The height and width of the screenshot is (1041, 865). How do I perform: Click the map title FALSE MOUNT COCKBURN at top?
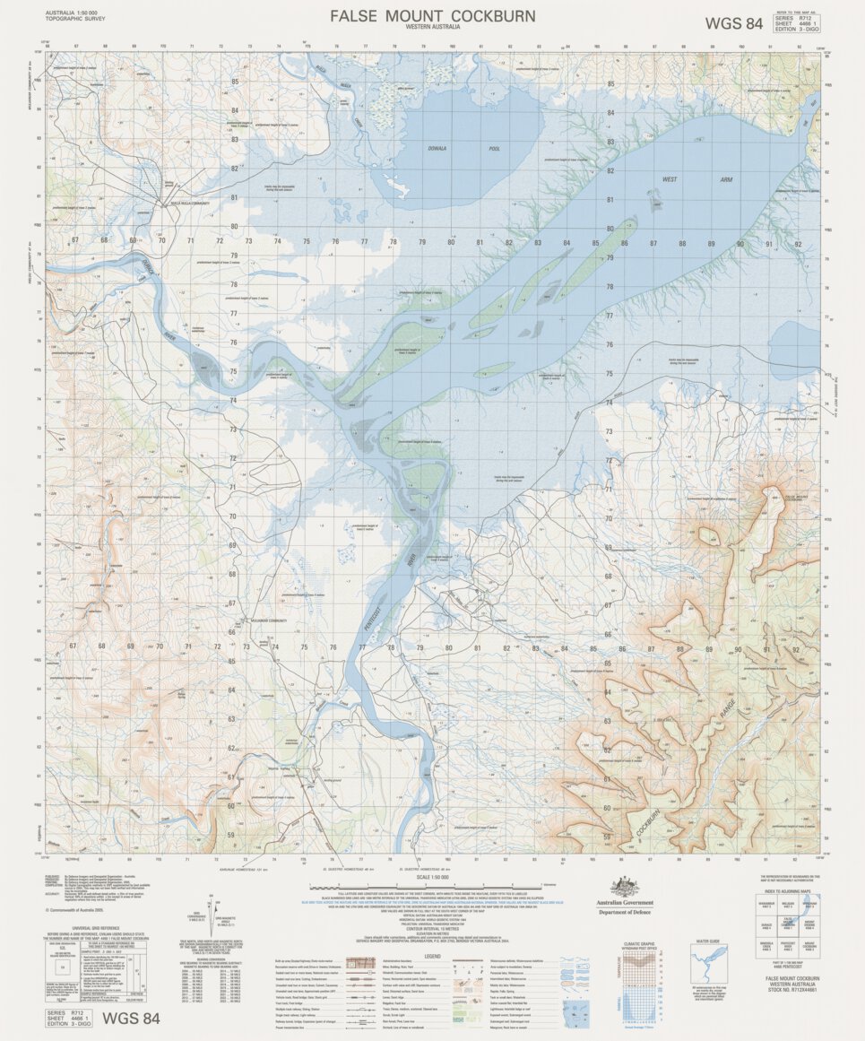[x=432, y=16]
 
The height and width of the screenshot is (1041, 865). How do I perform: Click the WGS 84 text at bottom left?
[x=131, y=1018]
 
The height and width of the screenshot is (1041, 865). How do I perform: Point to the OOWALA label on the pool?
[x=437, y=148]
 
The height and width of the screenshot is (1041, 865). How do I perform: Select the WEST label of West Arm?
[x=670, y=180]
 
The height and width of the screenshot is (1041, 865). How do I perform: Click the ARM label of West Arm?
[x=726, y=180]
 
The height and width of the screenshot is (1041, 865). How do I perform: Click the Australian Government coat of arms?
[x=625, y=888]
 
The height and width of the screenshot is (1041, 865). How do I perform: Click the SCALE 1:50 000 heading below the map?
[x=432, y=876]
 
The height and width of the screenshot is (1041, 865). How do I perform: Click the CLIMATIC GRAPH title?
[x=645, y=943]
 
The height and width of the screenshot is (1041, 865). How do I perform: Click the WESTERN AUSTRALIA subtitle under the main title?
[x=432, y=29]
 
